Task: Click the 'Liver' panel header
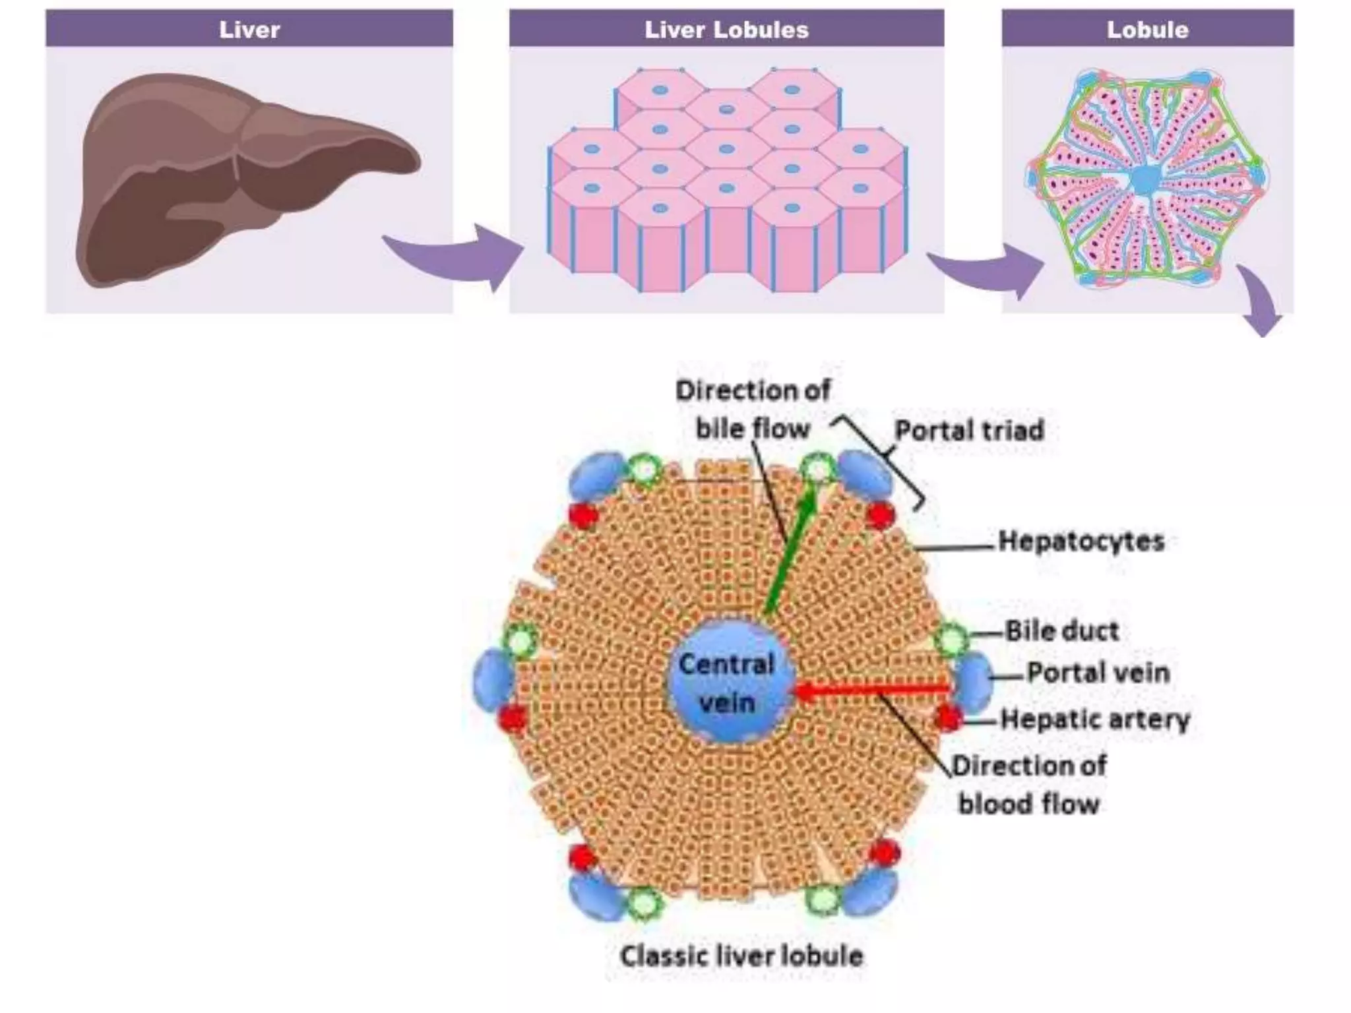coord(249,29)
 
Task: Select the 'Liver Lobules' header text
coord(726,29)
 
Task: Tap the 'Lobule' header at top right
coord(1147,29)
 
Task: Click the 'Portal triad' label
coord(969,431)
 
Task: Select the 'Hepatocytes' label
coord(1081,541)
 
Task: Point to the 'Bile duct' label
coord(1062,631)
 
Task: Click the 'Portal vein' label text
coord(1098,673)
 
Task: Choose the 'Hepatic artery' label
coord(1095,719)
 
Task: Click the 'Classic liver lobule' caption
coord(741,956)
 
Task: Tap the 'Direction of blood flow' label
coord(1029,785)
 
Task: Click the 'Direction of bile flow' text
coord(753,409)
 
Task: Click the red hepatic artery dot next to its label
coord(948,718)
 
